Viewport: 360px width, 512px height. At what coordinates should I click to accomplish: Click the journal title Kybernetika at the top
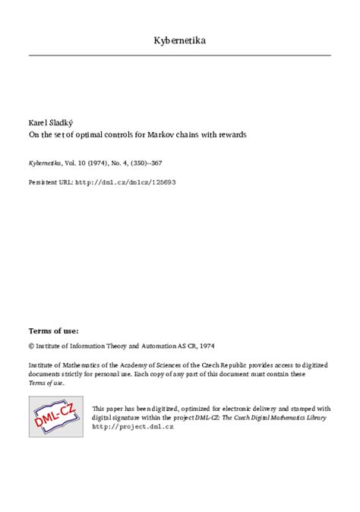click(x=179, y=40)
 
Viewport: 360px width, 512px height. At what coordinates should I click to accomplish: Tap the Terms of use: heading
click(x=53, y=331)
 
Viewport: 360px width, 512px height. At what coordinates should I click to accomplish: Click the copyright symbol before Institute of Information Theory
click(x=31, y=344)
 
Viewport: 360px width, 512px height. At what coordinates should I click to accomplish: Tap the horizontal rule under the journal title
click(x=179, y=55)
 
